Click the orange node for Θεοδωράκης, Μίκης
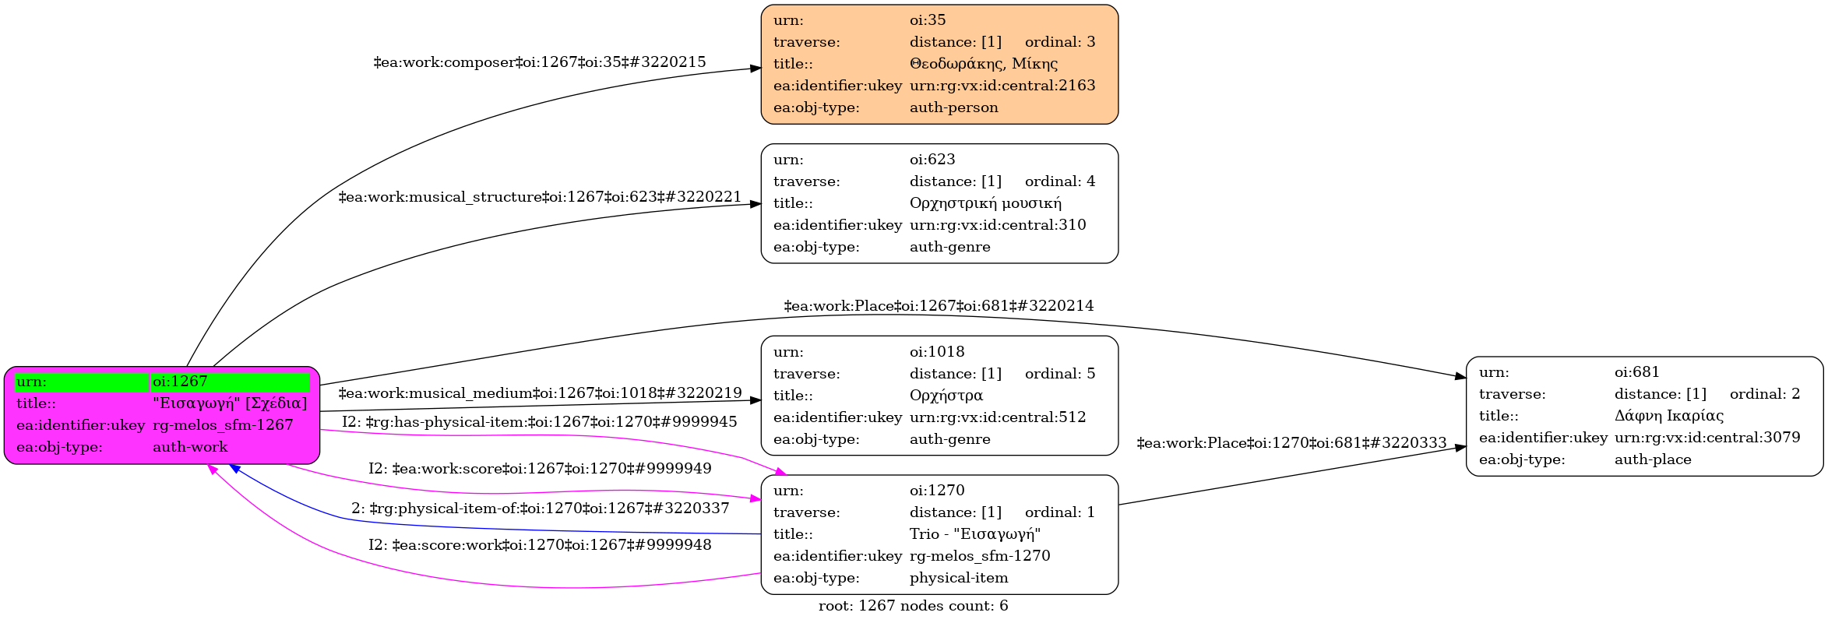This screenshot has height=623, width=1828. (939, 64)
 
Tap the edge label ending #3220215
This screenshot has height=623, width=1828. (540, 62)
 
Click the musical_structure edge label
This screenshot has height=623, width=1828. (540, 197)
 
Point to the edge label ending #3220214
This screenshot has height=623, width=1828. (939, 306)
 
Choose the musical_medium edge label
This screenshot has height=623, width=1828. (540, 393)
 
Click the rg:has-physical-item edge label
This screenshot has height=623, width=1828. (540, 422)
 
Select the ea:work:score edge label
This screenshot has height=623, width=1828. (540, 469)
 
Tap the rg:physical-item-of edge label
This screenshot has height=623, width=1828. (540, 509)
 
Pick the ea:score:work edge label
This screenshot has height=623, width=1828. (540, 545)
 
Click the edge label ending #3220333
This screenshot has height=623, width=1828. (1291, 443)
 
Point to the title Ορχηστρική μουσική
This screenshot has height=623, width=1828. (985, 203)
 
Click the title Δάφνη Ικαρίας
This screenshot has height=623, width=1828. (1669, 416)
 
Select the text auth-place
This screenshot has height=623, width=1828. (1653, 459)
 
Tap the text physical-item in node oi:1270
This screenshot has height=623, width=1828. (959, 578)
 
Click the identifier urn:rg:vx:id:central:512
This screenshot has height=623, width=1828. (998, 417)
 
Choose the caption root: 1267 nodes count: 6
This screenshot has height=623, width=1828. (913, 606)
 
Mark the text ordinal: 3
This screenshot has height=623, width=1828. (1060, 42)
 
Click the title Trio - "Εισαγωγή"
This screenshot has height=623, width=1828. (975, 534)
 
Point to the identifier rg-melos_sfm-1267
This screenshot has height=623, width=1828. (223, 425)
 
